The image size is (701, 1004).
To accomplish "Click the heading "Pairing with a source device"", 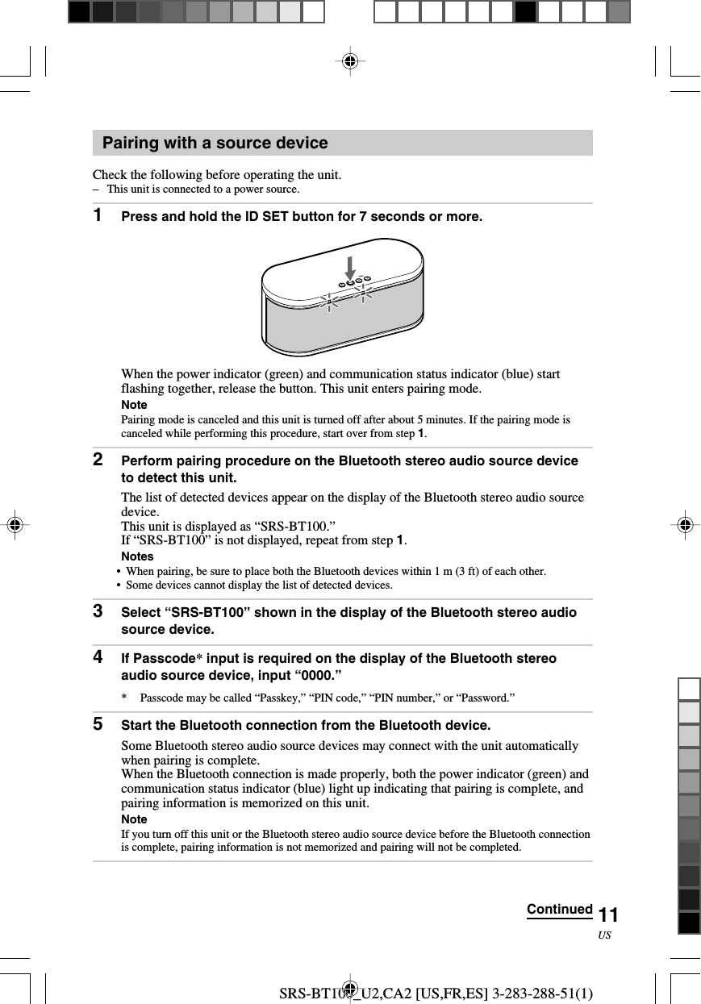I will click(x=215, y=144).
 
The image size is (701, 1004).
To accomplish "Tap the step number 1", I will click(x=98, y=215).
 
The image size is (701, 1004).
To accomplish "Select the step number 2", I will click(x=98, y=460).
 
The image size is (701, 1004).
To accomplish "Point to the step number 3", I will click(x=98, y=611).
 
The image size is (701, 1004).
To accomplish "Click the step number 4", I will click(x=98, y=657).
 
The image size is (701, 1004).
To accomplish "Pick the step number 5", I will click(x=98, y=724).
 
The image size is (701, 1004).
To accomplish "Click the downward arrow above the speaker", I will click(x=350, y=267).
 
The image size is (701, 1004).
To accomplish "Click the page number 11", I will click(x=609, y=914).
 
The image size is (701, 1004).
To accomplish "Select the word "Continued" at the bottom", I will click(x=559, y=910).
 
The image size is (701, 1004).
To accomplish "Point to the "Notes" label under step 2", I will click(x=137, y=556).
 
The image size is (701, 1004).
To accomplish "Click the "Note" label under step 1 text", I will click(x=134, y=405).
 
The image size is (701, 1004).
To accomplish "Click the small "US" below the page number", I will click(x=605, y=935).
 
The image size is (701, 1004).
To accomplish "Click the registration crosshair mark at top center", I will click(x=349, y=61).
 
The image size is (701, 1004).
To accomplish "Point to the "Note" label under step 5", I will click(x=134, y=819).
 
